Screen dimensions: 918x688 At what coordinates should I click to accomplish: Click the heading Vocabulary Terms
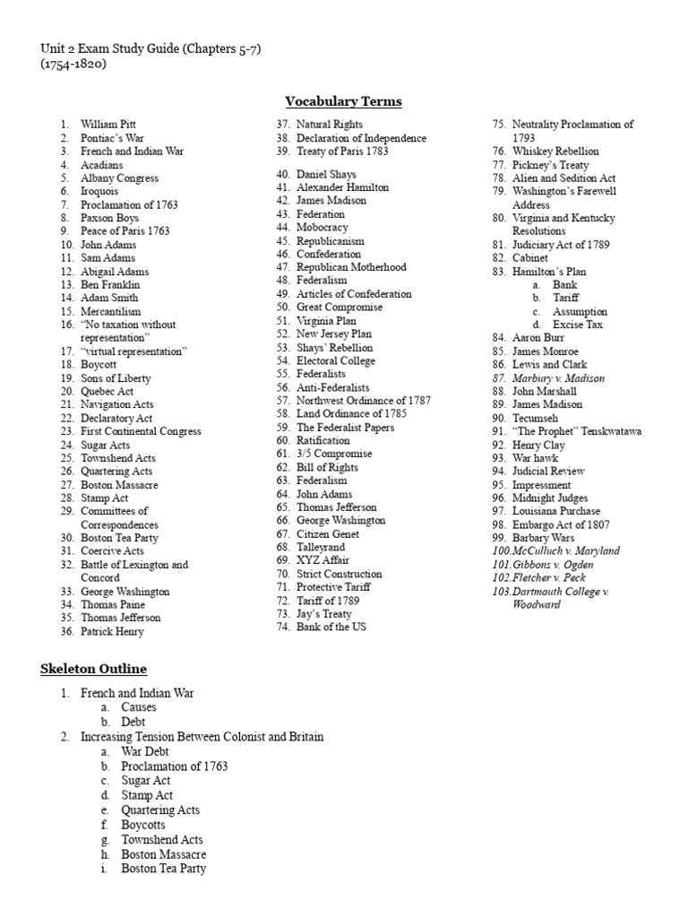coord(343,101)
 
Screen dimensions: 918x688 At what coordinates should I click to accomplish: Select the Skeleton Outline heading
coord(93,669)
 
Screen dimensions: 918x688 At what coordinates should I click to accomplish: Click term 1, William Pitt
coord(108,125)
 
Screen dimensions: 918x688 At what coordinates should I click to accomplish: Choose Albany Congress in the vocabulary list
coord(119,178)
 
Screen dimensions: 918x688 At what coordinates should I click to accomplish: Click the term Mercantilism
coord(111,311)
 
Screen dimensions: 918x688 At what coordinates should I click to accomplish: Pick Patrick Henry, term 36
coord(112,631)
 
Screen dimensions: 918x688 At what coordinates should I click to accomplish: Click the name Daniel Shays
coord(326,174)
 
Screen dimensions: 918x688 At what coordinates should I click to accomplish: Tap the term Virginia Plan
coord(326,320)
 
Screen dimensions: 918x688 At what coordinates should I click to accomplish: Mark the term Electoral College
coord(336,360)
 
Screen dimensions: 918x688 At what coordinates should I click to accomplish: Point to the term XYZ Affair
coord(322,560)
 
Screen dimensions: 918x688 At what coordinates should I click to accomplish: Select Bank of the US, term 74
coord(331,627)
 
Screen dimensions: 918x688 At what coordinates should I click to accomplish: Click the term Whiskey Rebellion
coord(555,152)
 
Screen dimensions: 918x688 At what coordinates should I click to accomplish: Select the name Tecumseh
coord(537,418)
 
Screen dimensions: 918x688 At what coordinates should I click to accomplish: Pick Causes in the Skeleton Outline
coord(139,707)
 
